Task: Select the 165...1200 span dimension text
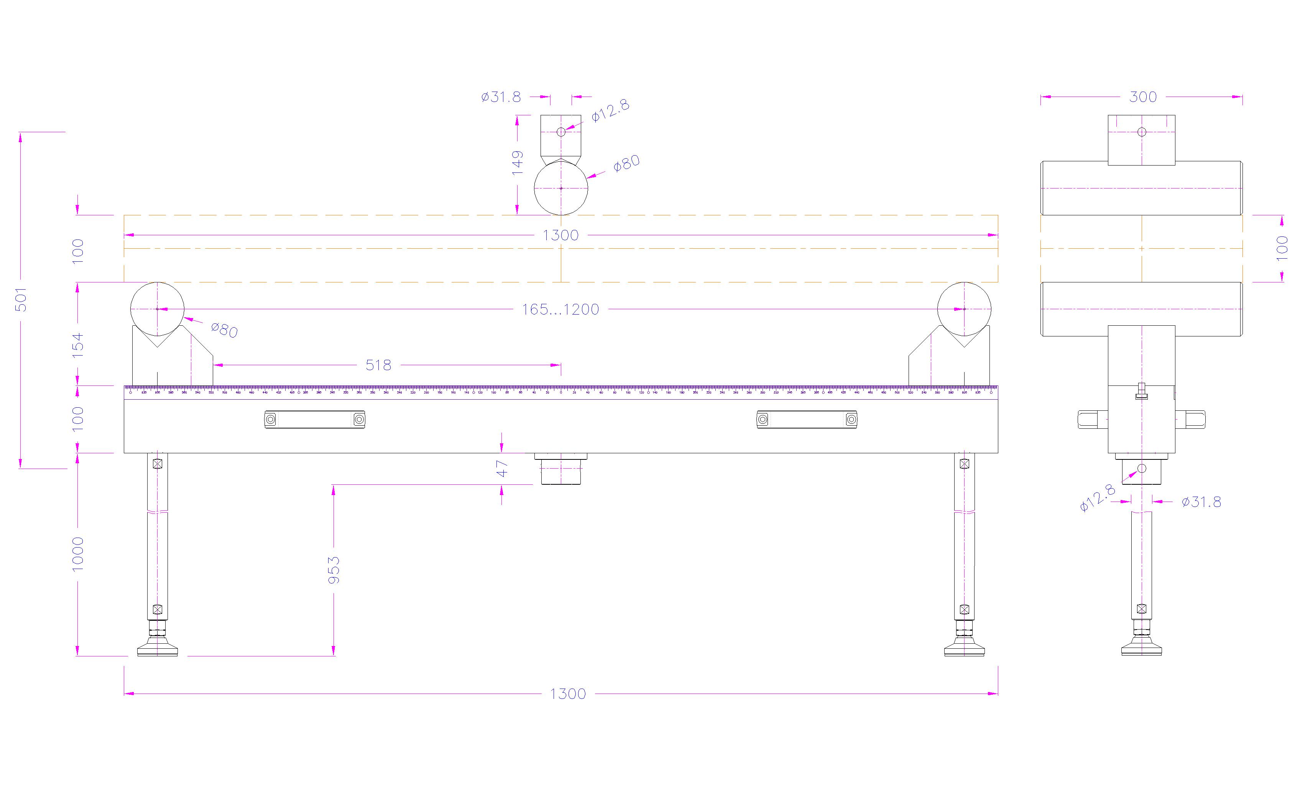pyautogui.click(x=560, y=309)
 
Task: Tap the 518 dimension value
pyautogui.click(x=378, y=365)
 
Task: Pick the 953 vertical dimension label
pyautogui.click(x=334, y=570)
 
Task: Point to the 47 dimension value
pyautogui.click(x=502, y=468)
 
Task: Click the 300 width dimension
pyautogui.click(x=1143, y=97)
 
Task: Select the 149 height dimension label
pyautogui.click(x=518, y=163)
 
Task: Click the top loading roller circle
pyautogui.click(x=561, y=188)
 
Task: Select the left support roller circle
pyautogui.click(x=157, y=309)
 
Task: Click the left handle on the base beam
pyautogui.click(x=314, y=420)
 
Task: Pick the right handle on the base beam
pyautogui.click(x=807, y=420)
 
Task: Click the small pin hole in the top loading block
pyautogui.click(x=561, y=132)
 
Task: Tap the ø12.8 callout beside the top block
pyautogui.click(x=610, y=111)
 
